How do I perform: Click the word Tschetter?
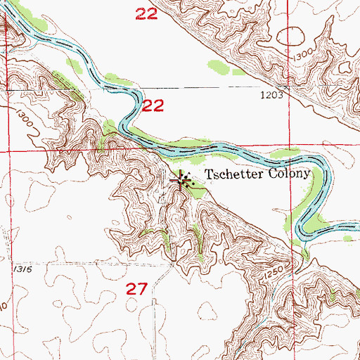[x=231, y=174]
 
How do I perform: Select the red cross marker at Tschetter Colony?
[x=181, y=181]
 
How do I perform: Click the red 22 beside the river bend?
[x=154, y=106]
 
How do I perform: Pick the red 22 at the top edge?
[x=146, y=13]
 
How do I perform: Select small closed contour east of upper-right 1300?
[x=345, y=69]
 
